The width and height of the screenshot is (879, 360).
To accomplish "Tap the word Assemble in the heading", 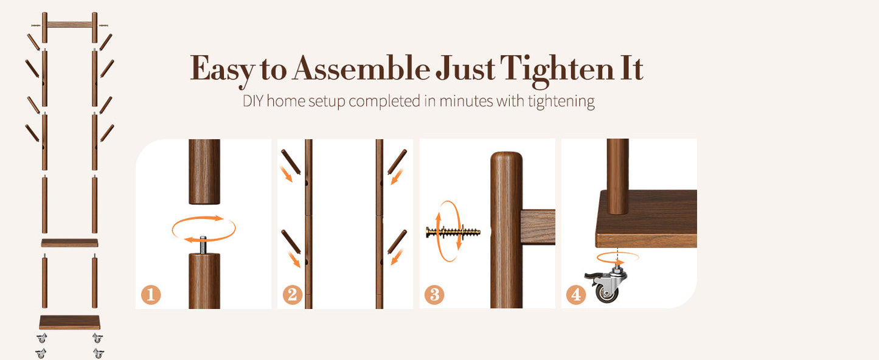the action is (x=361, y=68).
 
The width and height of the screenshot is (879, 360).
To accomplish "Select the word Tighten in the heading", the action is (x=557, y=71).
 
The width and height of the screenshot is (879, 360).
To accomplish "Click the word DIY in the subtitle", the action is (x=254, y=101).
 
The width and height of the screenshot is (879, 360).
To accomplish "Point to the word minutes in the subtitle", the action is (x=466, y=101).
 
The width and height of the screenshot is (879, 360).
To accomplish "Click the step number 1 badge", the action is (x=151, y=294).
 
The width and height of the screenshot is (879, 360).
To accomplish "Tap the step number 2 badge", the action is (x=293, y=294).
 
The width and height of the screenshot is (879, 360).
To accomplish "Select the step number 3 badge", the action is (x=434, y=294).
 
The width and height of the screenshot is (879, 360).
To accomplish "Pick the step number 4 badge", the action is (x=575, y=294).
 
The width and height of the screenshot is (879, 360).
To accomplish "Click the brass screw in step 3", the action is (x=453, y=232).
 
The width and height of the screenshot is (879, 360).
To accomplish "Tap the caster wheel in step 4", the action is (x=606, y=283).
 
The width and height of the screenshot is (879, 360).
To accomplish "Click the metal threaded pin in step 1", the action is (x=203, y=244).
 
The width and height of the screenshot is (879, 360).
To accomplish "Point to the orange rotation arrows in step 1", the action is (x=204, y=229).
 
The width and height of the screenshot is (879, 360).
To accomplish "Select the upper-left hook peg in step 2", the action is (x=291, y=162).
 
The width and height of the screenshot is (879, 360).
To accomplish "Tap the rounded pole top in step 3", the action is (x=506, y=161).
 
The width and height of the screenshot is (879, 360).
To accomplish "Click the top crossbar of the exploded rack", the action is (x=70, y=25).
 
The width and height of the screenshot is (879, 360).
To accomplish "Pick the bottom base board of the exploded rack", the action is (x=70, y=322).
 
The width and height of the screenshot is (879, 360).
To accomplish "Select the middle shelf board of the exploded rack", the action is (x=70, y=243).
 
